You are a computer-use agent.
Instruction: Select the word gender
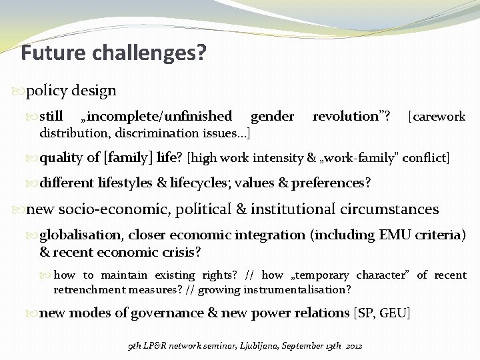[x=272, y=117]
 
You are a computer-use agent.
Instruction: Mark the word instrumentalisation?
[x=303, y=289]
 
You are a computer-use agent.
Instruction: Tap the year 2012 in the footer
[x=353, y=347]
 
